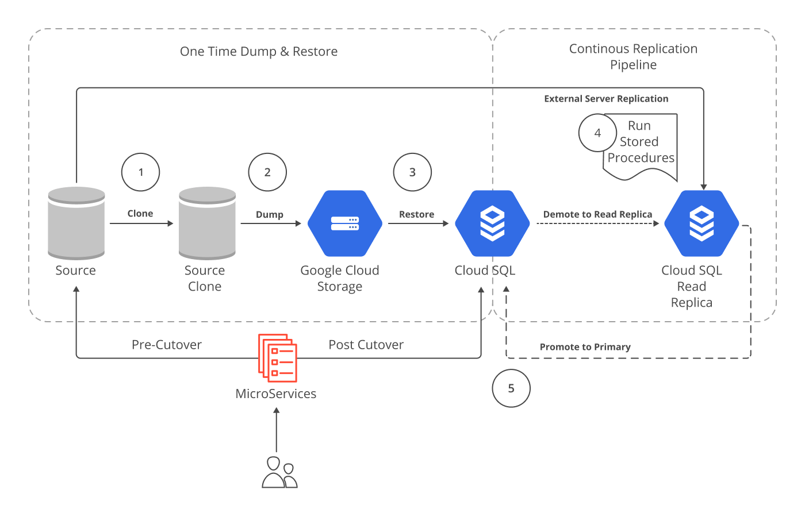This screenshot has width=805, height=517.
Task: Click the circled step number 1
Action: point(140,172)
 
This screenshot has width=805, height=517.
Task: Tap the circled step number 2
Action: point(267,172)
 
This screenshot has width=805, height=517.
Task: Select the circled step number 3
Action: point(412,172)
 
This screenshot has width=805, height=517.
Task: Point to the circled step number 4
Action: point(597,133)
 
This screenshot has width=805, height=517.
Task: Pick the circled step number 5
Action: point(511,389)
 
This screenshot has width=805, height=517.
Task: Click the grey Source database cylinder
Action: point(76,223)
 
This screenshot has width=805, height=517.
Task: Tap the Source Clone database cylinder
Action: point(207,223)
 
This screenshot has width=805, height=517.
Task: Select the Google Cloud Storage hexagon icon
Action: point(345,223)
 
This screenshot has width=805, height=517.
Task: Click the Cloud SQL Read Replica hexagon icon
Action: point(701,223)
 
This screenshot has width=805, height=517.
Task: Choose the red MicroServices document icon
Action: point(278,358)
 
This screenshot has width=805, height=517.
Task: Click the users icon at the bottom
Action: point(279,472)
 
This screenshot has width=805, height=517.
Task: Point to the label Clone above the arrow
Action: point(140,214)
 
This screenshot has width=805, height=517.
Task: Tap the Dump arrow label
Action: point(270,214)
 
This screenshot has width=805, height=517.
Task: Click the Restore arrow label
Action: point(416,214)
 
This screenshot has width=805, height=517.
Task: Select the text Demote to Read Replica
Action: point(597,214)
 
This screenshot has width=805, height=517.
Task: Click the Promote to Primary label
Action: point(585,347)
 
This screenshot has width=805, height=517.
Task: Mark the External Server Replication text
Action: point(606,99)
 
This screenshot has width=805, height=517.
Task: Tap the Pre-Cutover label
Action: point(167,345)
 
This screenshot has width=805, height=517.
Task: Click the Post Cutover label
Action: point(366,345)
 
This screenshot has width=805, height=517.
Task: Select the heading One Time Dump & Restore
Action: point(259,52)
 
